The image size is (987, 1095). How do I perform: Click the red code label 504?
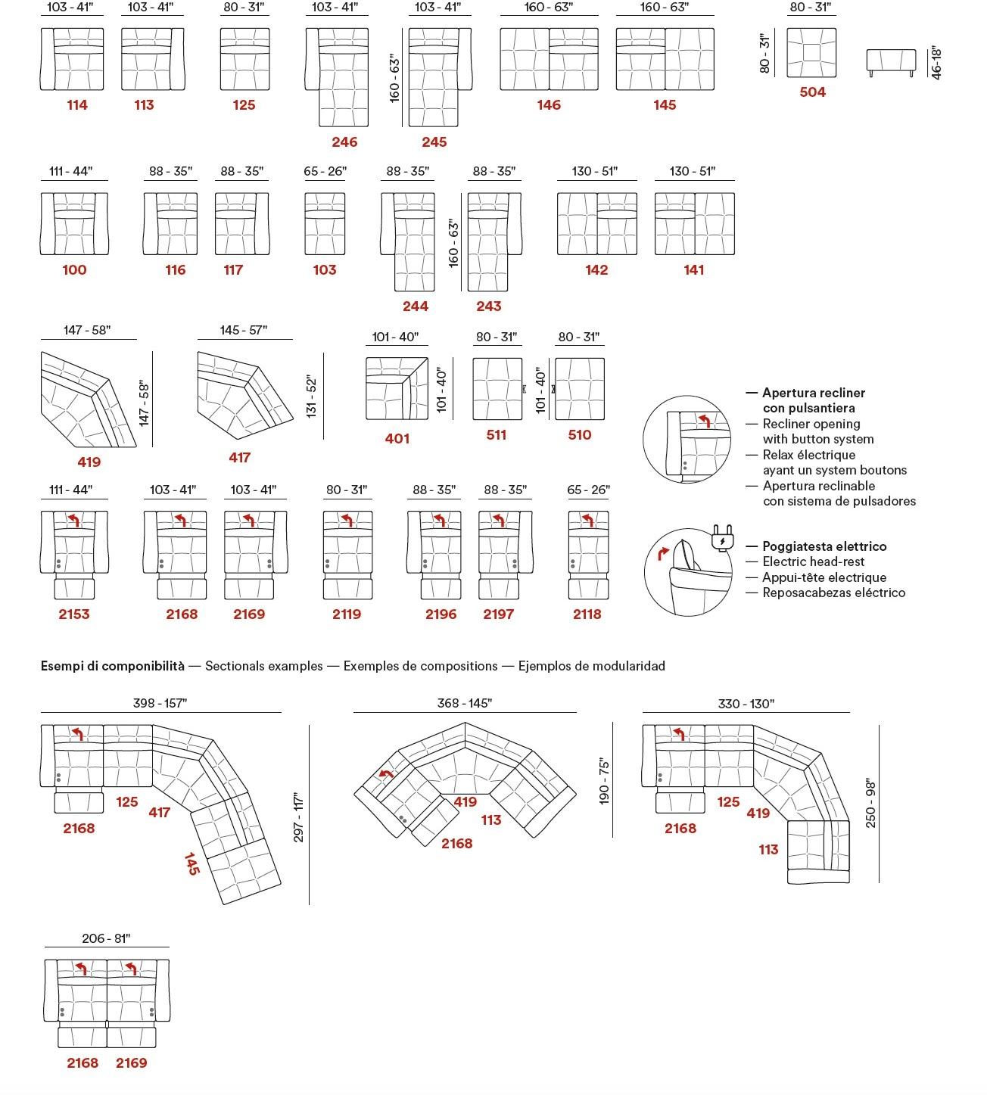tap(812, 92)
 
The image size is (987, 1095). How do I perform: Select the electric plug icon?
tap(721, 539)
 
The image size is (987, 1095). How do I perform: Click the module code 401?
tap(397, 439)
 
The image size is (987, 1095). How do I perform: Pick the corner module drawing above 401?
tap(397, 388)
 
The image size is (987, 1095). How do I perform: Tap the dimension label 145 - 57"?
tap(244, 330)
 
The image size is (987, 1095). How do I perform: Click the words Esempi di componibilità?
tap(112, 666)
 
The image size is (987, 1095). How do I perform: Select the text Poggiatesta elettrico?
tap(824, 546)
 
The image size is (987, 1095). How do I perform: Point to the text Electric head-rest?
tap(813, 561)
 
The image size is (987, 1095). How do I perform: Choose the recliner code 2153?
tap(74, 614)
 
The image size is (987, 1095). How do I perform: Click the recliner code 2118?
tap(587, 614)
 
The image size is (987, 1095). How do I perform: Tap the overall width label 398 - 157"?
tap(160, 703)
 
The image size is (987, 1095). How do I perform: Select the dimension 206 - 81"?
tap(106, 938)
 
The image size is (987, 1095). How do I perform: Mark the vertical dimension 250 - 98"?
tap(870, 803)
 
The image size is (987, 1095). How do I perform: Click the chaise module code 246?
tap(344, 142)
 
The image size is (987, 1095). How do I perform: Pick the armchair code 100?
tap(74, 270)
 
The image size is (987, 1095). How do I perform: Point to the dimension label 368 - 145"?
tap(464, 703)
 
